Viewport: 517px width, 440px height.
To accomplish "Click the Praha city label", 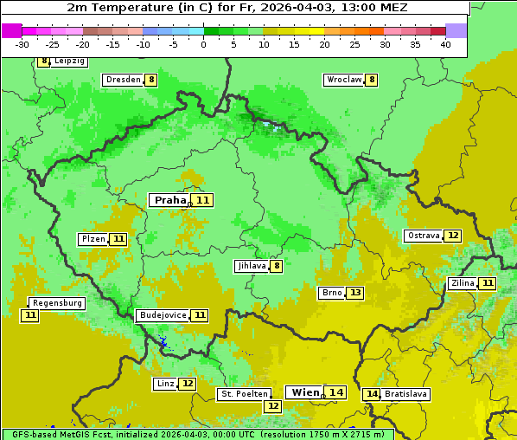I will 169,200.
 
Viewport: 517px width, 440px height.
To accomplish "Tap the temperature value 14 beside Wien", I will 336,392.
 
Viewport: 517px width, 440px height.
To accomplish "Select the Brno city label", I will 332,293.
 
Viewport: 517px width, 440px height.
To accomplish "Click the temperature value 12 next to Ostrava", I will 453,236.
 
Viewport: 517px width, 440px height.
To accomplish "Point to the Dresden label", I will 123,80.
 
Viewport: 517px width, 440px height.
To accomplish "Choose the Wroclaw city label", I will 343,80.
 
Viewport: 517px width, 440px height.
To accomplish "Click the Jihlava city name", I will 251,266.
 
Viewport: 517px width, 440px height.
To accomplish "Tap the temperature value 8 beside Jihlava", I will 277,266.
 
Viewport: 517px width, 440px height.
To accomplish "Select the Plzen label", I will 93,239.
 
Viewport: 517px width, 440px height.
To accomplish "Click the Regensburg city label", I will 58,303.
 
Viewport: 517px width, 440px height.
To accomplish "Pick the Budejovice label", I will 162,315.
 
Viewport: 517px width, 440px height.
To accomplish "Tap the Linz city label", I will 165,384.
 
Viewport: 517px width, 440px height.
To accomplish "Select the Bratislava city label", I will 406,394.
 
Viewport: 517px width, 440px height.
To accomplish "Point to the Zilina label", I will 463,283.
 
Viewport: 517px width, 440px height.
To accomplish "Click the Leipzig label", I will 69,61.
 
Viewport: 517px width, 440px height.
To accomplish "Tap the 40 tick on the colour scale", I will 445,44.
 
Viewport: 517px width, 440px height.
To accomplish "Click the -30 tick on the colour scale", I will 22,44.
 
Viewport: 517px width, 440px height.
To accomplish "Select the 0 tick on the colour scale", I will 204,44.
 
